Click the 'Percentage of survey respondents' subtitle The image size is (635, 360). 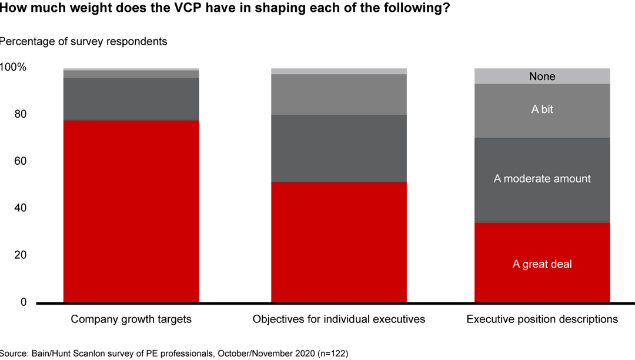83,41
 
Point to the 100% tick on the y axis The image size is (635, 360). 13,67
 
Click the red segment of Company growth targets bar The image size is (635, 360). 131,211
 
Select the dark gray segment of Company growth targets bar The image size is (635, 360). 131,99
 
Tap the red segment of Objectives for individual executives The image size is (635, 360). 339,242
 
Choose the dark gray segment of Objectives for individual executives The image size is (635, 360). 339,148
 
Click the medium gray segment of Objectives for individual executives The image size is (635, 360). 339,94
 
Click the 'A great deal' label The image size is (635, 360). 542,264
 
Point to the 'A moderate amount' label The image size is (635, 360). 542,179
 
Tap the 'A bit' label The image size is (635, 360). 542,109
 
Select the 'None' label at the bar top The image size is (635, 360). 542,76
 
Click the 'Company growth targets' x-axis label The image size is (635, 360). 131,319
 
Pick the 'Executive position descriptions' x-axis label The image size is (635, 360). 542,319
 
